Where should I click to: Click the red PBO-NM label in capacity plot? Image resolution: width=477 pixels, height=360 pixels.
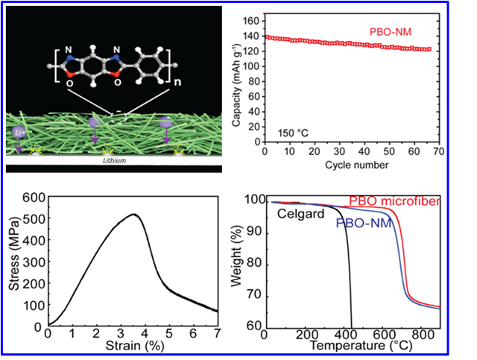[391, 31]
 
